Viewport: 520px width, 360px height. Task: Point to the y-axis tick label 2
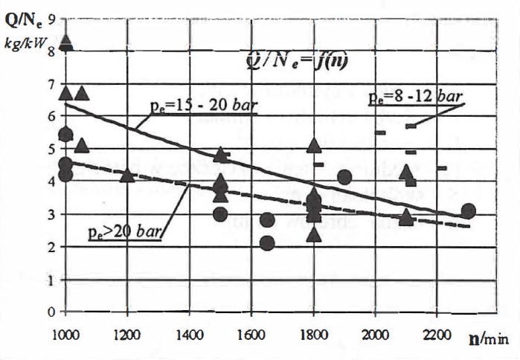point(51,247)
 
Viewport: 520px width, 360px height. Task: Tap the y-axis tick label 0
point(51,312)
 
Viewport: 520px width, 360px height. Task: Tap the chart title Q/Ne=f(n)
point(298,62)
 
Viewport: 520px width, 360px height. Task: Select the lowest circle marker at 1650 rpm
point(267,242)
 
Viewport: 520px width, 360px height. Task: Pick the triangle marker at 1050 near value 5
point(82,144)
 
